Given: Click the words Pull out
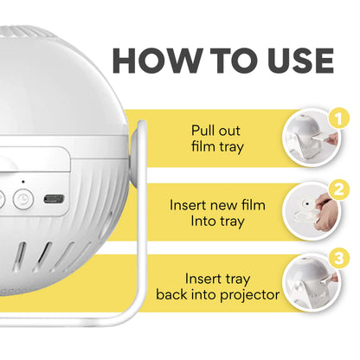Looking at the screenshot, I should click(217, 131).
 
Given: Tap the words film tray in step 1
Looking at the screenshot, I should click(217, 147).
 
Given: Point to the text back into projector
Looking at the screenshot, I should click(217, 294).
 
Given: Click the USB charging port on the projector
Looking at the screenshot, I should click(54, 198).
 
